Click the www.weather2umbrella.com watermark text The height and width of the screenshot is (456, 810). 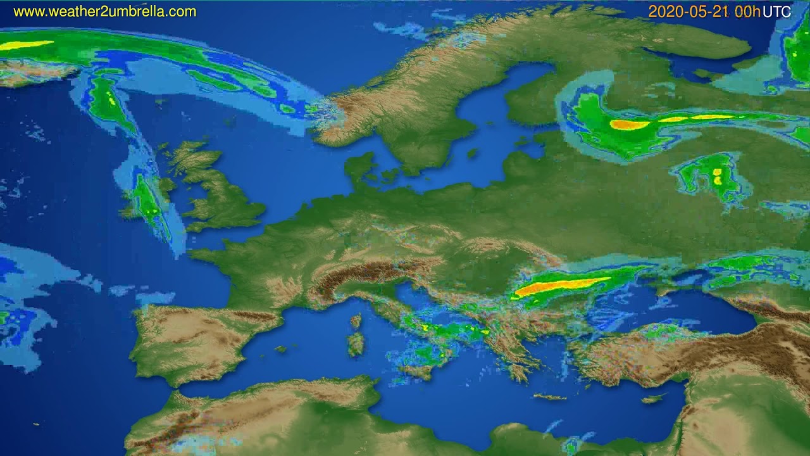point(104,11)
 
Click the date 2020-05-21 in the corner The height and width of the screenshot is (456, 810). point(689,11)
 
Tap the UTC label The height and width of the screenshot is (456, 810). point(776,11)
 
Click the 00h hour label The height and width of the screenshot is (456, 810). point(747,11)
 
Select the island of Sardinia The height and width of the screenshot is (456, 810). point(356,343)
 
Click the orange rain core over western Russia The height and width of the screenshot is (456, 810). point(630,125)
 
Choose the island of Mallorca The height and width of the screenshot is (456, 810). point(281,349)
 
